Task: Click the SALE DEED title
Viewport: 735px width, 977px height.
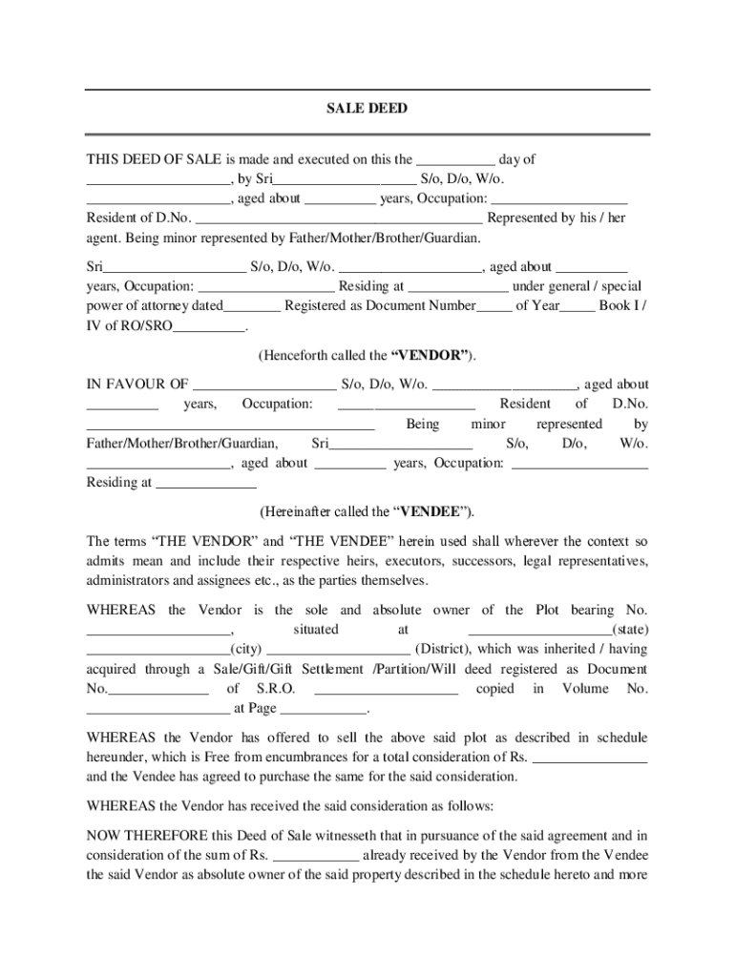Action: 367,109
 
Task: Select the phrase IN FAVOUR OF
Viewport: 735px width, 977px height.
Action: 137,385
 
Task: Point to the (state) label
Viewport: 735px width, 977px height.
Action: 630,630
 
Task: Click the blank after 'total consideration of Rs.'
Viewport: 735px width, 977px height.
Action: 590,758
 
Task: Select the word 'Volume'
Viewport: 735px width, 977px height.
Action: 584,688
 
